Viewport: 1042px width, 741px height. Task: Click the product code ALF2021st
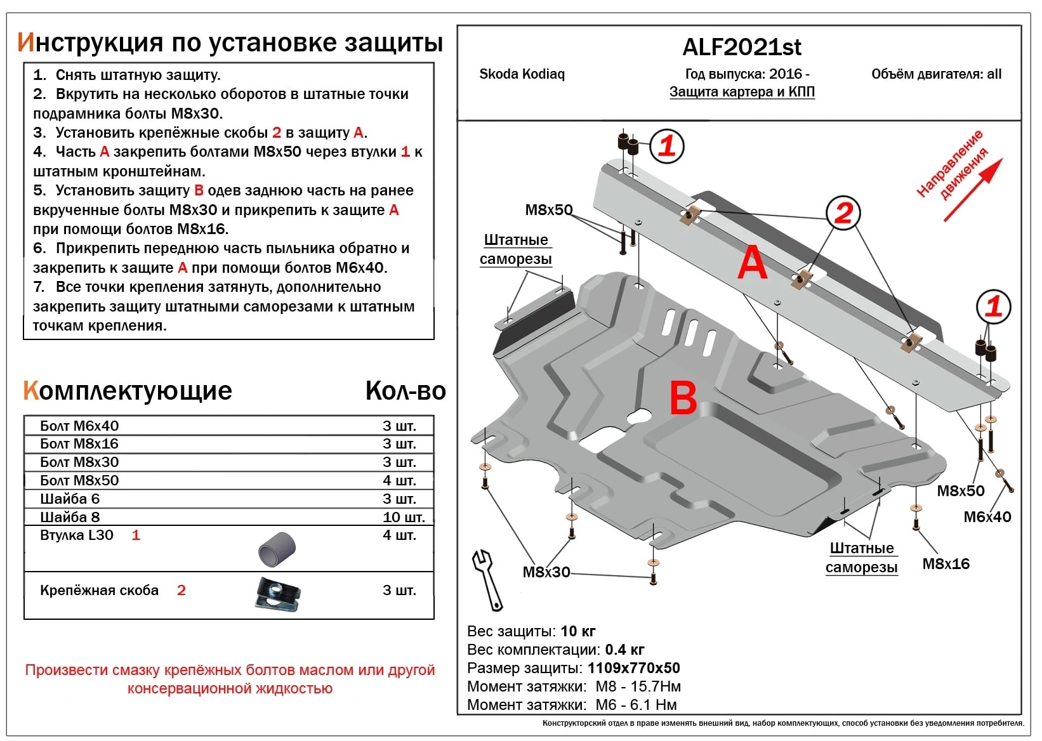[x=741, y=47]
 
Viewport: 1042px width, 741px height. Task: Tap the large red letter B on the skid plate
[x=683, y=398]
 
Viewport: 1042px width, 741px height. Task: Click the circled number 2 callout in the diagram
[x=843, y=213]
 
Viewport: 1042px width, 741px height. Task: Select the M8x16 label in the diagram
[x=946, y=563]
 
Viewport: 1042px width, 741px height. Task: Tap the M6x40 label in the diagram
[x=987, y=517]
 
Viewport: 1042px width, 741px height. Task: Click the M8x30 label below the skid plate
[x=546, y=572]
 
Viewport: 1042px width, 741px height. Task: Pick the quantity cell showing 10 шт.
[x=404, y=517]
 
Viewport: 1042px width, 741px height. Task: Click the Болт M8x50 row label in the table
[x=79, y=480]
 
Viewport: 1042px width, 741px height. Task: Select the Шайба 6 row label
[x=70, y=499]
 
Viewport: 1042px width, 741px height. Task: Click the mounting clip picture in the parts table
[x=277, y=595]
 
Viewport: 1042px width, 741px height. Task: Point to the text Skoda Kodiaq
[x=522, y=74]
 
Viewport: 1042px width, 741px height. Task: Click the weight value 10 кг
[x=578, y=631]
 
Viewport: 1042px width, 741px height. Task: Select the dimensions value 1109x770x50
[x=633, y=668]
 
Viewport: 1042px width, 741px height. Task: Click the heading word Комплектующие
[x=128, y=391]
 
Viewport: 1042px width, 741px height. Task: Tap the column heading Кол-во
[x=405, y=391]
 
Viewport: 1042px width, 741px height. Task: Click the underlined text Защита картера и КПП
[x=742, y=92]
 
